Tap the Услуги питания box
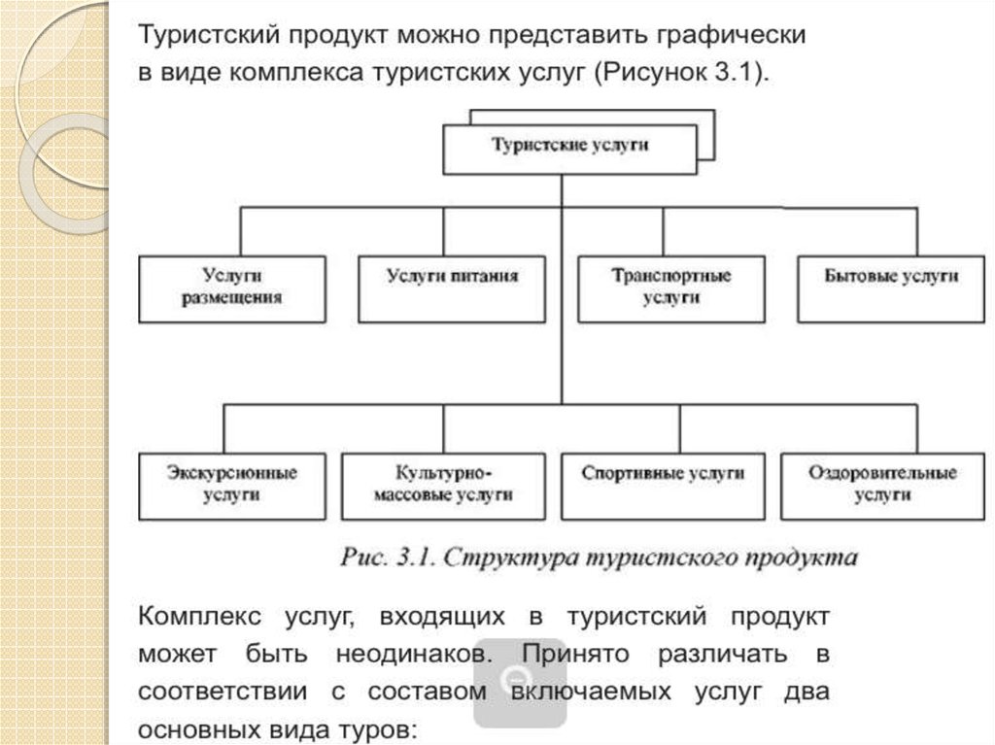tap(451, 288)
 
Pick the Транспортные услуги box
tap(671, 288)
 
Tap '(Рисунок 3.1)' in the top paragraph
tap(681, 74)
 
